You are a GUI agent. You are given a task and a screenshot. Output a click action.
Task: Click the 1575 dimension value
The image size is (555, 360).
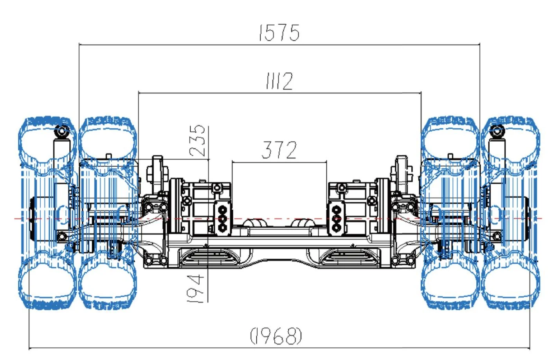[279, 33]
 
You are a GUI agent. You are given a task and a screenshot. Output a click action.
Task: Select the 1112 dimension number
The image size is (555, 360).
[279, 81]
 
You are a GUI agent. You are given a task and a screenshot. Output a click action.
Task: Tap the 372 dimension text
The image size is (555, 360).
[279, 150]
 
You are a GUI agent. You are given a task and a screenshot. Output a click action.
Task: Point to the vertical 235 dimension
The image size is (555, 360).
[198, 140]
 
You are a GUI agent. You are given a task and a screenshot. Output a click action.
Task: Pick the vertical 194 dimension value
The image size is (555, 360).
[196, 288]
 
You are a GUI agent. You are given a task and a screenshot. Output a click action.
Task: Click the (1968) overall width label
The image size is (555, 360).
[276, 336]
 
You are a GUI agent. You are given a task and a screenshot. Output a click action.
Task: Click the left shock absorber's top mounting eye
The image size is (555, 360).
[61, 131]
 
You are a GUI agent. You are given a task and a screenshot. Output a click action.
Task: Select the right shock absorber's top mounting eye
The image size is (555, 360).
[497, 131]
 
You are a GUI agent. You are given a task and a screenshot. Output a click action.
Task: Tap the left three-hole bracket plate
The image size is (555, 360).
[222, 218]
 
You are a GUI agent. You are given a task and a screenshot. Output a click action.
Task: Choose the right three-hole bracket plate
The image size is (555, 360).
[336, 218]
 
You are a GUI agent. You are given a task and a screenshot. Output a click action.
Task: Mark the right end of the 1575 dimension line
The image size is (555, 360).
[479, 45]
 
